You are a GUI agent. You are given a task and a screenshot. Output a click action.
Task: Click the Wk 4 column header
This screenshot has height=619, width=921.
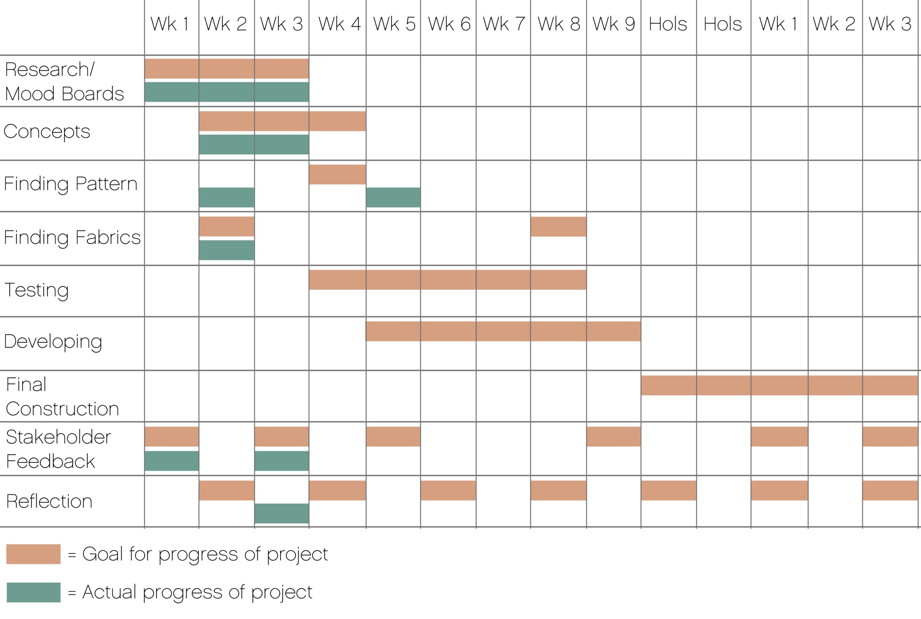339,24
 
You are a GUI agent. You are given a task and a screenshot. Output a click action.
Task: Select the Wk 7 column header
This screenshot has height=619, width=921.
504,24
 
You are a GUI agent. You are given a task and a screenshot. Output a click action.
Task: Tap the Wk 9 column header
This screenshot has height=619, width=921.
614,24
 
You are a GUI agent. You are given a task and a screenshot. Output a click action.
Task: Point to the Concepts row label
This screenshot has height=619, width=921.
47,132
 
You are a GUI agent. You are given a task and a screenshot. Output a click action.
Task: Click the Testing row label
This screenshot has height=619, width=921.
37,290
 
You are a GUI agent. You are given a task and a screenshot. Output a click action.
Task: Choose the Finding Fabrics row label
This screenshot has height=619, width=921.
72,238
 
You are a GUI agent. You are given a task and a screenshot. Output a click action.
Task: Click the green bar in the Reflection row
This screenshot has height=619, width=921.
282,513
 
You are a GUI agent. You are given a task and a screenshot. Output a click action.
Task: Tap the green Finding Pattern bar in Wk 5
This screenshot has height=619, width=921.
393,197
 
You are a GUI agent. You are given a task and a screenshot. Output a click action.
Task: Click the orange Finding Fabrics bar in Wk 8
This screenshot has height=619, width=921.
558,226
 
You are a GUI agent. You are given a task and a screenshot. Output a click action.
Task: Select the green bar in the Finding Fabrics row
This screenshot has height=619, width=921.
227,250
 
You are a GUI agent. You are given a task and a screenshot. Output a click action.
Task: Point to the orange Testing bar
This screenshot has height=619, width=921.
448,280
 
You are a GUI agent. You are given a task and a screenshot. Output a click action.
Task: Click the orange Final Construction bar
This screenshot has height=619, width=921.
779,385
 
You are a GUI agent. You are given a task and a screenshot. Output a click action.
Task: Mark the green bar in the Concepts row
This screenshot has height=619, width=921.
254,144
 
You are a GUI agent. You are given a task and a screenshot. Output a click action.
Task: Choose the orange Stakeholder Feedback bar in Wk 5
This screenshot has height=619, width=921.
393,437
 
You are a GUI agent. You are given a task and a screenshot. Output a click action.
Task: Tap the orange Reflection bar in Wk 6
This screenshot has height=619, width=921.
448,490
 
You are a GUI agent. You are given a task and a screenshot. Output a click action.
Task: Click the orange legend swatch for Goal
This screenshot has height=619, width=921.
33,554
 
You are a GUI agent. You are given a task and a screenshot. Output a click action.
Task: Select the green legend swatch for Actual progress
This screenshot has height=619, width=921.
33,592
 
